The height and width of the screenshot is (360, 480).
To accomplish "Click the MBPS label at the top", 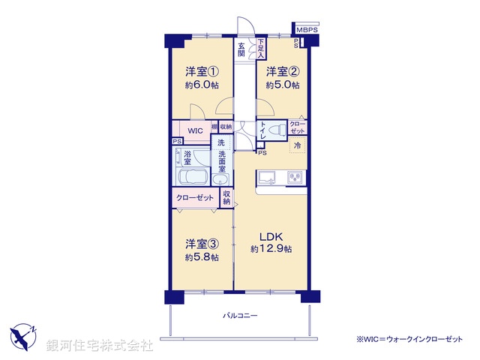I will (x=307, y=30).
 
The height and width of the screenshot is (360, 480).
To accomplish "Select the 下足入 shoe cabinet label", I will (x=260, y=49).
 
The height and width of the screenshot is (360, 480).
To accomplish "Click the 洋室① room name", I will (x=202, y=72).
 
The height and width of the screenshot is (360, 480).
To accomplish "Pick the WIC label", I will (x=196, y=130).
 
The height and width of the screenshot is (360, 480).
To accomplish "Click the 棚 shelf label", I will (x=214, y=127).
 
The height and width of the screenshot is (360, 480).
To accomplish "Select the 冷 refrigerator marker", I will (x=298, y=145).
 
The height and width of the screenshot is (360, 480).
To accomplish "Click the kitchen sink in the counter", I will (x=268, y=178).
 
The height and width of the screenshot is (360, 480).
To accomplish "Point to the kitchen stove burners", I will (x=295, y=178).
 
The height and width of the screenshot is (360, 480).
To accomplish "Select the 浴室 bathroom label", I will (x=187, y=157).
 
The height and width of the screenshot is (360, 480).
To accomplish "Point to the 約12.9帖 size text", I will (x=271, y=248).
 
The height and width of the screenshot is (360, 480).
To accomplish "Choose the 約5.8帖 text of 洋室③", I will (x=202, y=257).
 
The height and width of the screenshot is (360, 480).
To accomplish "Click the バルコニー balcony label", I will (x=240, y=316).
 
